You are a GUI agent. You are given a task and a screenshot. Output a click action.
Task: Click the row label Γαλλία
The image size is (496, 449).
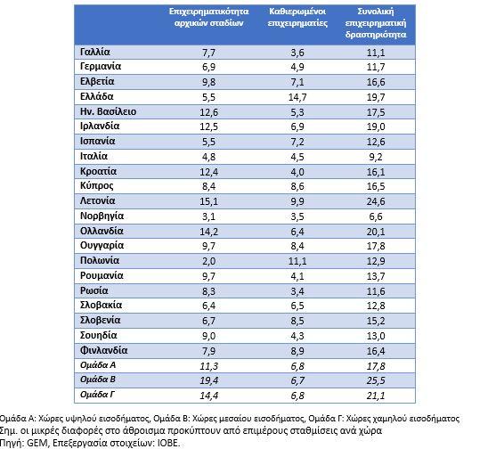(x=95, y=52)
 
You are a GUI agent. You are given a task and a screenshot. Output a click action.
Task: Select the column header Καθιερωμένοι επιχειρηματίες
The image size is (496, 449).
(x=297, y=17)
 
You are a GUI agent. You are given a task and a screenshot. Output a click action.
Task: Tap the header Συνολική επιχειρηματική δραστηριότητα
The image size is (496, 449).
(x=376, y=23)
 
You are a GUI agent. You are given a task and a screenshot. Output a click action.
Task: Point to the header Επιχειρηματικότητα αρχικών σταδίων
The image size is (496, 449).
(x=208, y=17)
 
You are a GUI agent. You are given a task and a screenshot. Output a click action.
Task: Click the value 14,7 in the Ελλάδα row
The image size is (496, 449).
(x=297, y=97)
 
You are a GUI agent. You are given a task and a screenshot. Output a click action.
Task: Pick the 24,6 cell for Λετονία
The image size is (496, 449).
(x=376, y=201)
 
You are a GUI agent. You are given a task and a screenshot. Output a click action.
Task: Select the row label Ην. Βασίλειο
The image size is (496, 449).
(x=108, y=111)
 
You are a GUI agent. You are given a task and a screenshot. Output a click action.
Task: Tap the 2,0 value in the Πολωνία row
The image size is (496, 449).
(x=208, y=261)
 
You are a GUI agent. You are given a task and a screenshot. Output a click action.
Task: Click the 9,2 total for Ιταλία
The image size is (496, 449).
(x=376, y=157)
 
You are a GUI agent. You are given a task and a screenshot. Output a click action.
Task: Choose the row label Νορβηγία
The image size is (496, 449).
(x=102, y=216)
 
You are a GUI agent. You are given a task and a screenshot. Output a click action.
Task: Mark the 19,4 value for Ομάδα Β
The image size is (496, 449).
(x=208, y=380)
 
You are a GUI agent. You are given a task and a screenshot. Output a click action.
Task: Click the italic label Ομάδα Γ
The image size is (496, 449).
(x=97, y=395)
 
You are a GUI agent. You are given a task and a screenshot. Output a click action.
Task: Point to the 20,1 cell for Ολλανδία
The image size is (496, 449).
(x=376, y=232)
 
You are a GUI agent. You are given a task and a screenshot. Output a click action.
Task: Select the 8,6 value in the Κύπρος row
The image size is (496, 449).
(x=297, y=186)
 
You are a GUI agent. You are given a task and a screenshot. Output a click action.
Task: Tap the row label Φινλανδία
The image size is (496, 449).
(x=104, y=350)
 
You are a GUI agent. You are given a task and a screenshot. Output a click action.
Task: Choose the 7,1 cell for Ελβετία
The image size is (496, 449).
(x=297, y=82)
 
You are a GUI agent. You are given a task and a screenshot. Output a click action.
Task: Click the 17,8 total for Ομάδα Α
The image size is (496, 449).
(x=376, y=366)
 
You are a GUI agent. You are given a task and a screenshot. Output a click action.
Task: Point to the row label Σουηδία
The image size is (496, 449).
(x=99, y=335)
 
